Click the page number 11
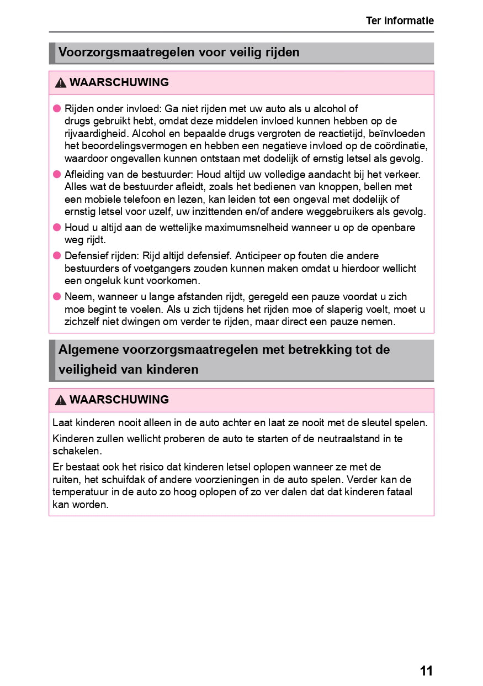426,671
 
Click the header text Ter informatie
400,21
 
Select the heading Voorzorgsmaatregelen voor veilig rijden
179,53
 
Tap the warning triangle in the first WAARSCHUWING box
61,83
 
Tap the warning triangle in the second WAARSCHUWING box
61,400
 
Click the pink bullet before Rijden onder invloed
56,108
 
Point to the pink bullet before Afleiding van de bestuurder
56,174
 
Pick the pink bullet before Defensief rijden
56,255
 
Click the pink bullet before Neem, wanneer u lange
56,296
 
